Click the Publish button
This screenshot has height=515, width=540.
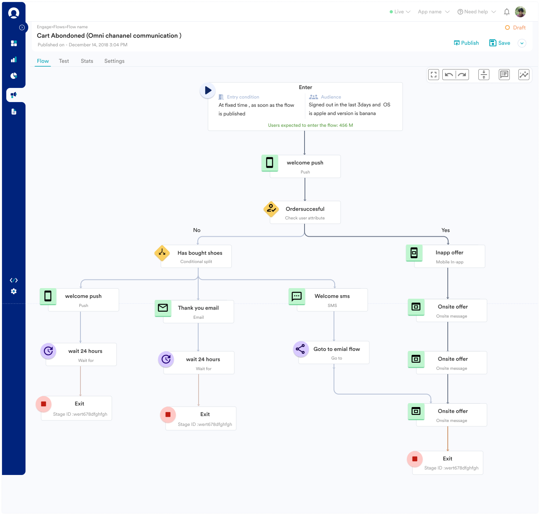[466, 43]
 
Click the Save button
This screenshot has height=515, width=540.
[500, 43]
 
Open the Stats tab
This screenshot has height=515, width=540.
[87, 61]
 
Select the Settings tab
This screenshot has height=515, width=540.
[114, 61]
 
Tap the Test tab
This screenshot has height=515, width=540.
[64, 61]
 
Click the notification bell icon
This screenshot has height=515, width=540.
[507, 12]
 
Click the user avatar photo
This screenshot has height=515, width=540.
[520, 12]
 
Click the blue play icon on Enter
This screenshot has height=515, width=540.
[208, 90]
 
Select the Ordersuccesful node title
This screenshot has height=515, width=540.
[305, 209]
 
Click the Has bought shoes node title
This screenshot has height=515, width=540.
[200, 253]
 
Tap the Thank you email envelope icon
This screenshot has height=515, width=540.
[163, 307]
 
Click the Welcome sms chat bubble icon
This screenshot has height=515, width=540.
[297, 296]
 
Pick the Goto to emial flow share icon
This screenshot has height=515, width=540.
[300, 349]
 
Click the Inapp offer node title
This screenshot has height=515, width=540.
[449, 252]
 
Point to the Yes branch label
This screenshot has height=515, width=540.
[445, 230]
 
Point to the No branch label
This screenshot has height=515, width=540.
[197, 230]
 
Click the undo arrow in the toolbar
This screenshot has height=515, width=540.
[449, 75]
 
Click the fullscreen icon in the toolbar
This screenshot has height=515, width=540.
[433, 75]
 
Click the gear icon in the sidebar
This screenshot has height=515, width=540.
[14, 291]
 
